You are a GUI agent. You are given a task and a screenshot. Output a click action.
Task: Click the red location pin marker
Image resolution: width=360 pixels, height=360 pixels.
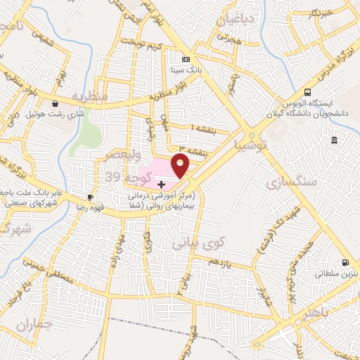181,166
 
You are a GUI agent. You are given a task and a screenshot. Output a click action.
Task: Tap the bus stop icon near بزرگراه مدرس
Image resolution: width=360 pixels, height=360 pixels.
307,93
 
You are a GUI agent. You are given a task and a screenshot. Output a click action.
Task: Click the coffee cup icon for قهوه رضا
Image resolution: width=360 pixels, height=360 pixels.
89,198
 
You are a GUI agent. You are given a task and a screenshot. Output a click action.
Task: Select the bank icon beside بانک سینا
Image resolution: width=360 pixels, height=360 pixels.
186,60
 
